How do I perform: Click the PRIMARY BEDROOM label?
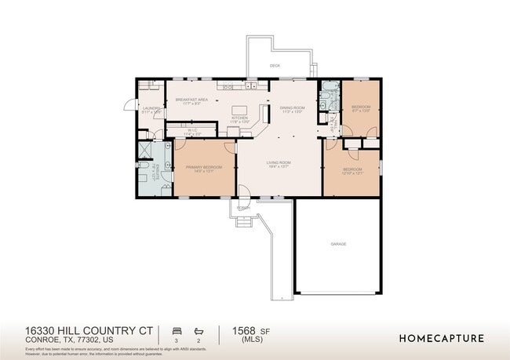click(203, 168)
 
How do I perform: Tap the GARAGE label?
click(337, 244)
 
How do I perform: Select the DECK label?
click(275, 66)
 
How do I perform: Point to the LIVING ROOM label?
click(279, 163)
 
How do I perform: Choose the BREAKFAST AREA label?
click(191, 100)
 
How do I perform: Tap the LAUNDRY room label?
click(151, 109)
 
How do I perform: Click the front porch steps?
click(243, 221)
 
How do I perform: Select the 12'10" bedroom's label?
click(352, 170)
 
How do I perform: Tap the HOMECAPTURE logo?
click(442, 339)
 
